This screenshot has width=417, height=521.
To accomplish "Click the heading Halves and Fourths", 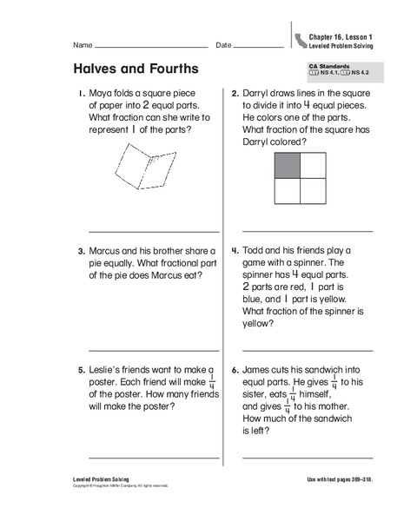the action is point(136,69).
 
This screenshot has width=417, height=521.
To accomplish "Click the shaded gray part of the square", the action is point(287,165).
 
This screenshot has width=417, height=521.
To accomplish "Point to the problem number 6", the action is point(235,369).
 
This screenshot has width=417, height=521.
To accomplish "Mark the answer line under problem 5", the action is point(154,458).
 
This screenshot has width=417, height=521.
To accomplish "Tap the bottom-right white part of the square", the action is point(311,189).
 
